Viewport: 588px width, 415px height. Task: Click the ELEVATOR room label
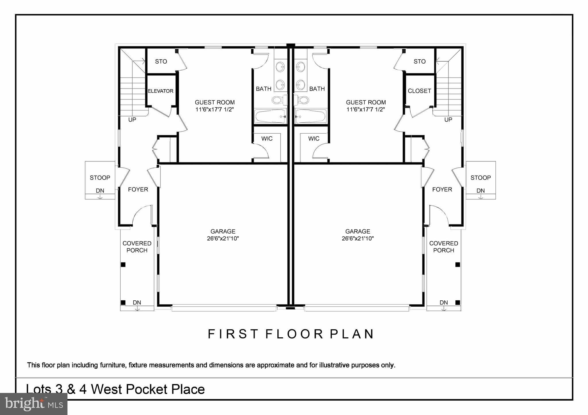coord(160,91)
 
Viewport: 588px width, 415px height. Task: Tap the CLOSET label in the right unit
coord(419,91)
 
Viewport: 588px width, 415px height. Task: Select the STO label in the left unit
coord(161,61)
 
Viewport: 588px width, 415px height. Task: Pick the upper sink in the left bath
coord(280,67)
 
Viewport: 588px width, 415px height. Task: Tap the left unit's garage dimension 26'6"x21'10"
coord(223,238)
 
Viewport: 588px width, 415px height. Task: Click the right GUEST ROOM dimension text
coord(365,109)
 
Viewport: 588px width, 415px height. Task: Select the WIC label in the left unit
coord(267,139)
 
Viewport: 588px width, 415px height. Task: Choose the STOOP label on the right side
coord(480,178)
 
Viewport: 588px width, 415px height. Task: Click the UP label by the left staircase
coord(132,120)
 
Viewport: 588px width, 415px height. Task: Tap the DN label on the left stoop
coord(100,191)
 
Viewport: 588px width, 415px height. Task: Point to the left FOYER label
coord(138,189)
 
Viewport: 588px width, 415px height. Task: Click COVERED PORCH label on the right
coord(444,247)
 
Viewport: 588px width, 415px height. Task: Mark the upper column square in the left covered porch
coord(123,265)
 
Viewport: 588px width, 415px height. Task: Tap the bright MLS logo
coord(34,404)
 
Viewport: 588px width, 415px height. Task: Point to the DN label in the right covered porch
coord(444,303)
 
